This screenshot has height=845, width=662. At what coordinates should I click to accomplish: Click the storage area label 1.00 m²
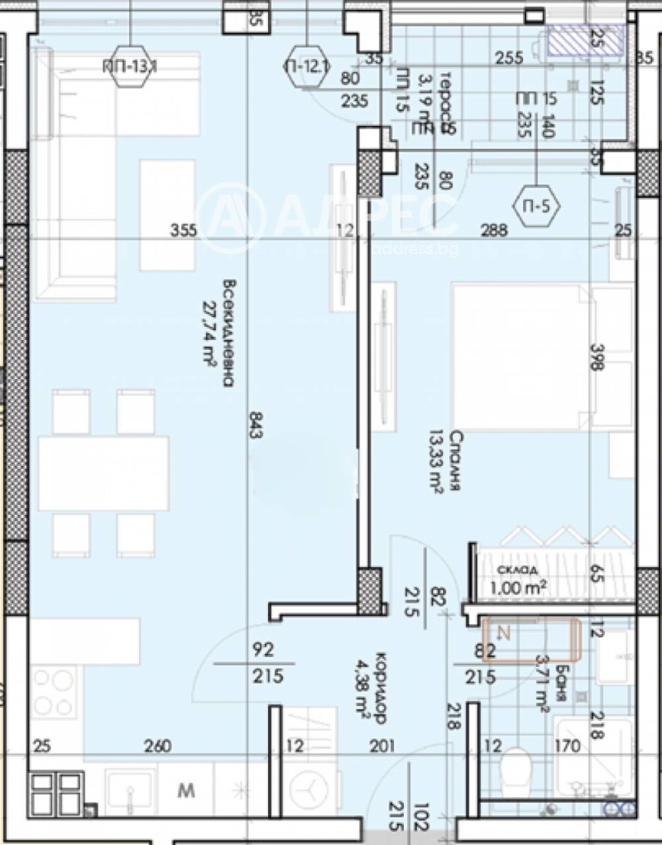(x=519, y=588)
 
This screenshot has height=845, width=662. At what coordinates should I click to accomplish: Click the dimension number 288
(x=495, y=231)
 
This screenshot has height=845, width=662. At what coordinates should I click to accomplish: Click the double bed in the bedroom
(x=530, y=357)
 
